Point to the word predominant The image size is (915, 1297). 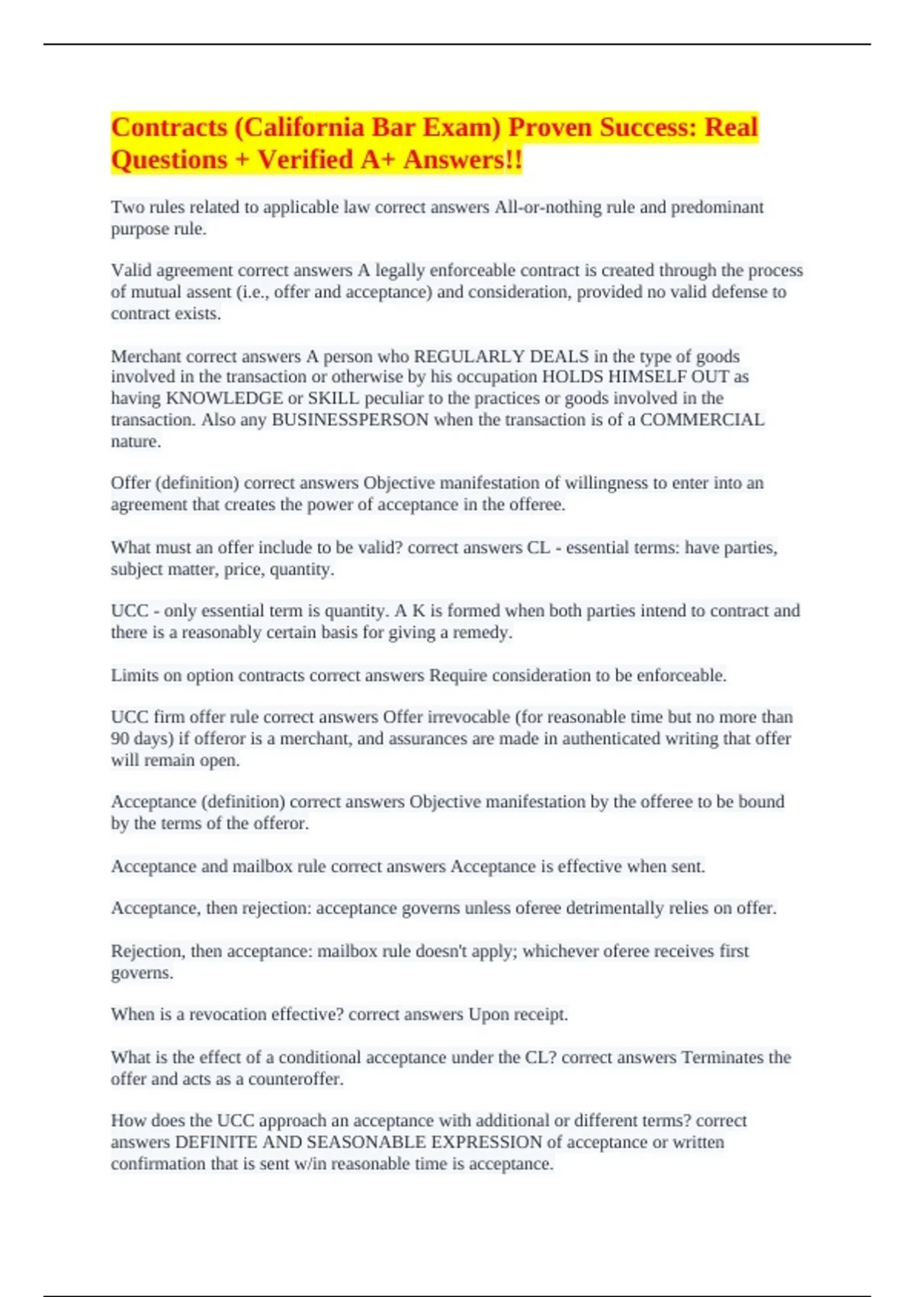[x=717, y=207]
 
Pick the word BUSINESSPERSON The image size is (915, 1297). [x=350, y=420]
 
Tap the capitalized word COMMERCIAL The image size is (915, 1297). [x=701, y=420]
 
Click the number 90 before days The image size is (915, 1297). [x=120, y=739]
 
